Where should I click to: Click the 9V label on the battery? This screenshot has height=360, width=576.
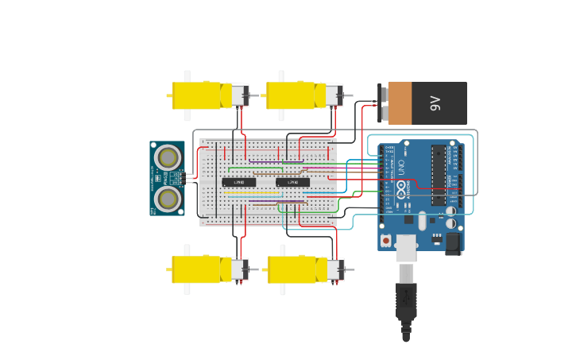pyautogui.click(x=435, y=103)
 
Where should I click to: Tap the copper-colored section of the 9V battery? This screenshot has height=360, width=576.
pyautogui.click(x=400, y=103)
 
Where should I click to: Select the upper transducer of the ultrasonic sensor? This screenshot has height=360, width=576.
pyautogui.click(x=168, y=157)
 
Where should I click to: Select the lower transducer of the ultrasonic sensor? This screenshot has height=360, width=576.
pyautogui.click(x=168, y=197)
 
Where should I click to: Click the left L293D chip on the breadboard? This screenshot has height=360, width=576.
pyautogui.click(x=238, y=182)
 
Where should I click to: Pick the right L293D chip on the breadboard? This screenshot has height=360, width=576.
pyautogui.click(x=292, y=182)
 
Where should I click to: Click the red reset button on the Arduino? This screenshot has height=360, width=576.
pyautogui.click(x=386, y=240)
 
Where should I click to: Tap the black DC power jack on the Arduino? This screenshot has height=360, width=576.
pyautogui.click(x=454, y=243)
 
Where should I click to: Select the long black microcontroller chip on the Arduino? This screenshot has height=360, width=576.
pyautogui.click(x=438, y=175)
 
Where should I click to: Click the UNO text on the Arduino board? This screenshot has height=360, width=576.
pyautogui.click(x=401, y=168)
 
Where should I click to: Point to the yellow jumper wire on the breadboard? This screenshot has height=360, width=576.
pyautogui.click(x=252, y=192)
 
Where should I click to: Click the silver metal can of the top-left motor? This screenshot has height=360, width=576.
pyautogui.click(x=240, y=95)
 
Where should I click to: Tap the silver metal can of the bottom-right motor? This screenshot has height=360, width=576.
pyautogui.click(x=335, y=269)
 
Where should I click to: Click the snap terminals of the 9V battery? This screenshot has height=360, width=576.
pyautogui.click(x=382, y=103)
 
